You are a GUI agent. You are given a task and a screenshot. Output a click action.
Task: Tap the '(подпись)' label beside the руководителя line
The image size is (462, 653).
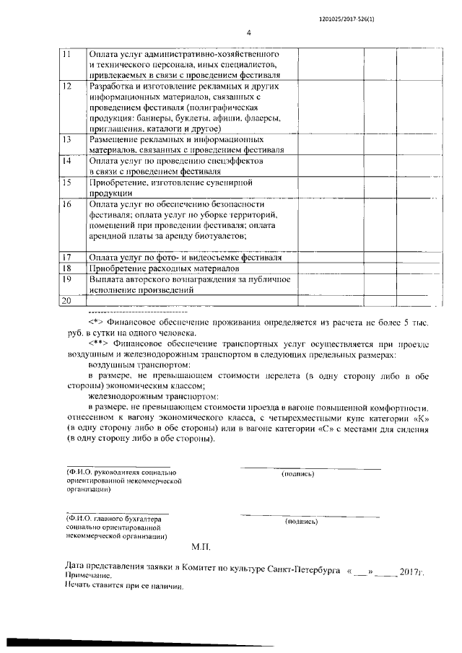(x=298, y=474)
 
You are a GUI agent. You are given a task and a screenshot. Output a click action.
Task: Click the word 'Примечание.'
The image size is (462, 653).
(x=88, y=577)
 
